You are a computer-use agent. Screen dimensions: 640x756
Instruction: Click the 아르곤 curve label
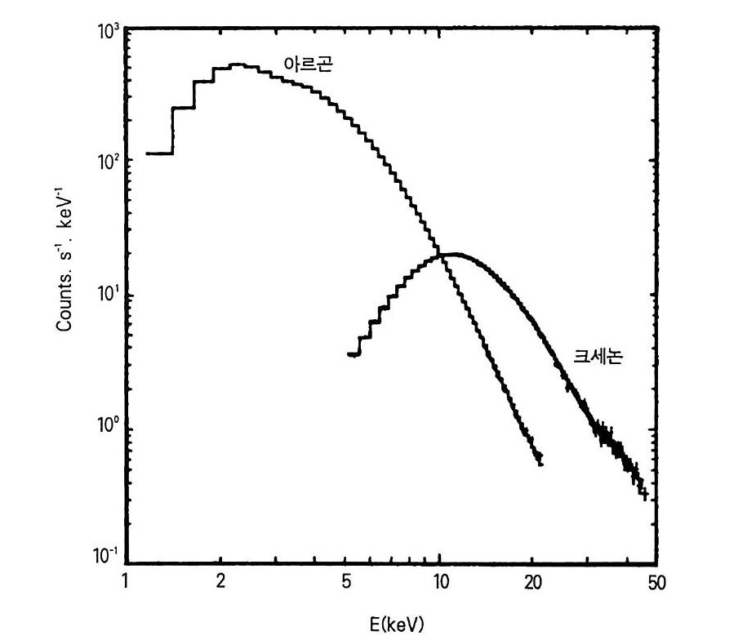308,65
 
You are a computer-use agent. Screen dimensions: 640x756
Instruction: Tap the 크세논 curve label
598,358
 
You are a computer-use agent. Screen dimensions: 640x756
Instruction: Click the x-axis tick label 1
125,581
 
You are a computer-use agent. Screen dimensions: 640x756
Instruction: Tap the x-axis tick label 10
440,581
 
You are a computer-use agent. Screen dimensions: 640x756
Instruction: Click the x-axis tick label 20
534,581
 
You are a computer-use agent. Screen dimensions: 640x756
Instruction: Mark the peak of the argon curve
238,64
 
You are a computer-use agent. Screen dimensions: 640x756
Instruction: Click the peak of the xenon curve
454,254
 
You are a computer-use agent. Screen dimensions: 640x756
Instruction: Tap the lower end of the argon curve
540,462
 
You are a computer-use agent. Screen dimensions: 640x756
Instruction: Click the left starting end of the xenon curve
349,354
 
